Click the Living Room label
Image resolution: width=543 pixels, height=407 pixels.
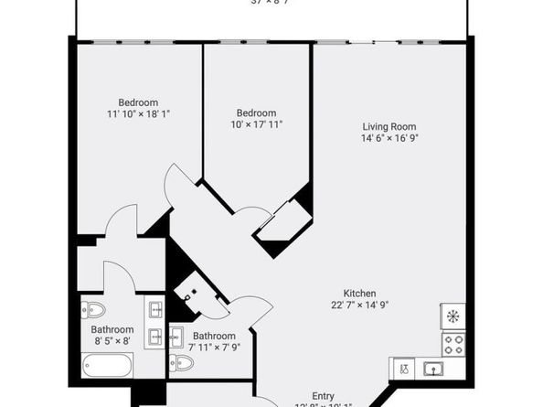pyautogui.click(x=390, y=126)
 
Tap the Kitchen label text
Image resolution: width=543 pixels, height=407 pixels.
pyautogui.click(x=360, y=294)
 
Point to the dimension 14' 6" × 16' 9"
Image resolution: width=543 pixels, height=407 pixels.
pyautogui.click(x=390, y=138)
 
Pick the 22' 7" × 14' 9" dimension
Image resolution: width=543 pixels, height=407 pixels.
pyautogui.click(x=360, y=305)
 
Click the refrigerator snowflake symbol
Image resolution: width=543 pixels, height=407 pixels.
pyautogui.click(x=452, y=316)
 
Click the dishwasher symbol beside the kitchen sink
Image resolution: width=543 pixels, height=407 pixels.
pyautogui.click(x=403, y=369)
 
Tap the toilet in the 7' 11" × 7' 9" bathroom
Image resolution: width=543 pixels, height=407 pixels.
pyautogui.click(x=183, y=363)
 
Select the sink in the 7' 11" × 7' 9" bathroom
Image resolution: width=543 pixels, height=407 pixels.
pyautogui.click(x=176, y=337)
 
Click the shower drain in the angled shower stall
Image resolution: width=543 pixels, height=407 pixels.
pyautogui.click(x=189, y=295)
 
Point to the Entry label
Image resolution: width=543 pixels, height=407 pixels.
pyautogui.click(x=324, y=396)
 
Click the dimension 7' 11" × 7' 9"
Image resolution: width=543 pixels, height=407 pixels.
pyautogui.click(x=214, y=348)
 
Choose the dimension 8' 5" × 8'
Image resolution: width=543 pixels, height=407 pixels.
pyautogui.click(x=112, y=341)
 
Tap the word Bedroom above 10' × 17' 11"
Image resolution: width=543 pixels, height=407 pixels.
pyautogui.click(x=256, y=112)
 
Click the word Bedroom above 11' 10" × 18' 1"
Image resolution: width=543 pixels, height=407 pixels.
pyautogui.click(x=139, y=102)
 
